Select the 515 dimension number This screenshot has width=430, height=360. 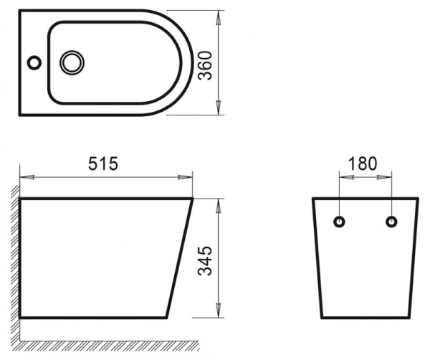pyautogui.click(x=103, y=164)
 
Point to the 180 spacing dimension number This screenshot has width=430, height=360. pyautogui.click(x=363, y=163)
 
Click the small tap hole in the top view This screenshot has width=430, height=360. pyautogui.click(x=34, y=63)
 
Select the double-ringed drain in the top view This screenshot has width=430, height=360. pyautogui.click(x=72, y=63)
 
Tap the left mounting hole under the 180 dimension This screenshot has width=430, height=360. pyautogui.click(x=340, y=221)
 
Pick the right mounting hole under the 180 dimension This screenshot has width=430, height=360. pyautogui.click(x=391, y=221)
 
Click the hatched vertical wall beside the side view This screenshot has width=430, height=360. pyautogui.click(x=15, y=258)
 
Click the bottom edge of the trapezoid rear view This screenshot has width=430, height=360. pyautogui.click(x=365, y=316)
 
